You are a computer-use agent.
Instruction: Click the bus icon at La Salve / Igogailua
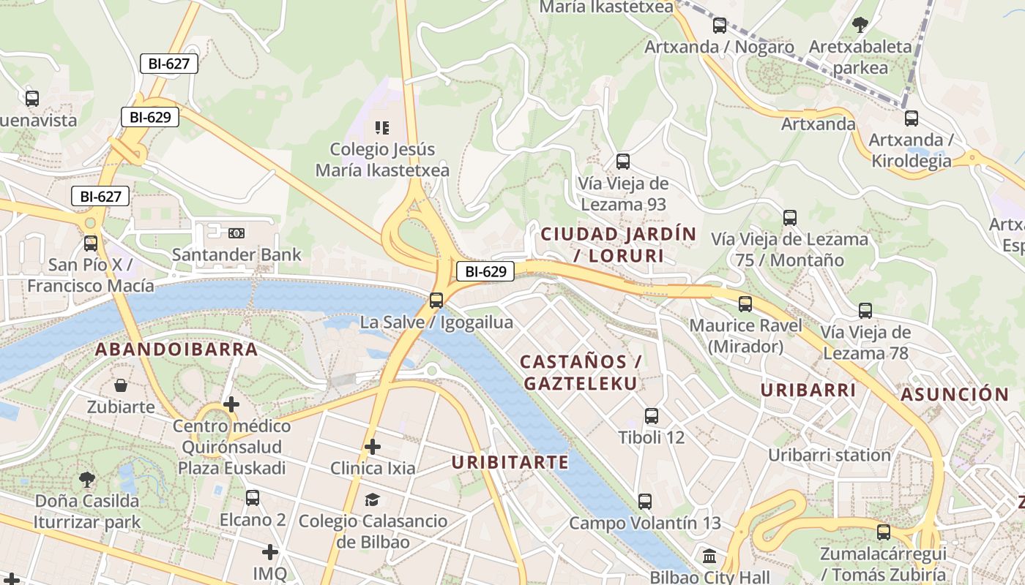(436, 300)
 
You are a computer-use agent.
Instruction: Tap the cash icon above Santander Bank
(236, 233)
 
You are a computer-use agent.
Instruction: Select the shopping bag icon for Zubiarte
(121, 385)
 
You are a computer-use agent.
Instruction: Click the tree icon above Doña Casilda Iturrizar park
(87, 480)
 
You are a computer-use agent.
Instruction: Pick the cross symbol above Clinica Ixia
(373, 446)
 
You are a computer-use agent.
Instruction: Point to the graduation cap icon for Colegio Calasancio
(373, 499)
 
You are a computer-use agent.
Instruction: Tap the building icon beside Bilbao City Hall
(709, 557)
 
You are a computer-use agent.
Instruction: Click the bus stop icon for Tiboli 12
(652, 416)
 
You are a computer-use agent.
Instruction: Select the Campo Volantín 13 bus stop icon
(644, 502)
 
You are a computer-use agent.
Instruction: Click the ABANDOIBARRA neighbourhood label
(176, 350)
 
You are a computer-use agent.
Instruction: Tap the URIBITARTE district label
(510, 462)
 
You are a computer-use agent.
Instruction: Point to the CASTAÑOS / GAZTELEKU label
(580, 372)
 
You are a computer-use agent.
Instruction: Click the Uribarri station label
(829, 455)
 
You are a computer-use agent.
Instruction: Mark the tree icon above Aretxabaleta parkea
(860, 25)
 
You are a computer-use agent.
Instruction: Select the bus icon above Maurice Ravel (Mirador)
(745, 304)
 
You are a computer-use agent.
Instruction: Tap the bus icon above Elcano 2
(253, 498)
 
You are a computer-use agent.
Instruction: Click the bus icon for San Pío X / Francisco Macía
(91, 244)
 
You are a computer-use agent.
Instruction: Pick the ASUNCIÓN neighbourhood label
(955, 395)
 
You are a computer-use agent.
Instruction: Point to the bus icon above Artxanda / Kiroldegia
(912, 118)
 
